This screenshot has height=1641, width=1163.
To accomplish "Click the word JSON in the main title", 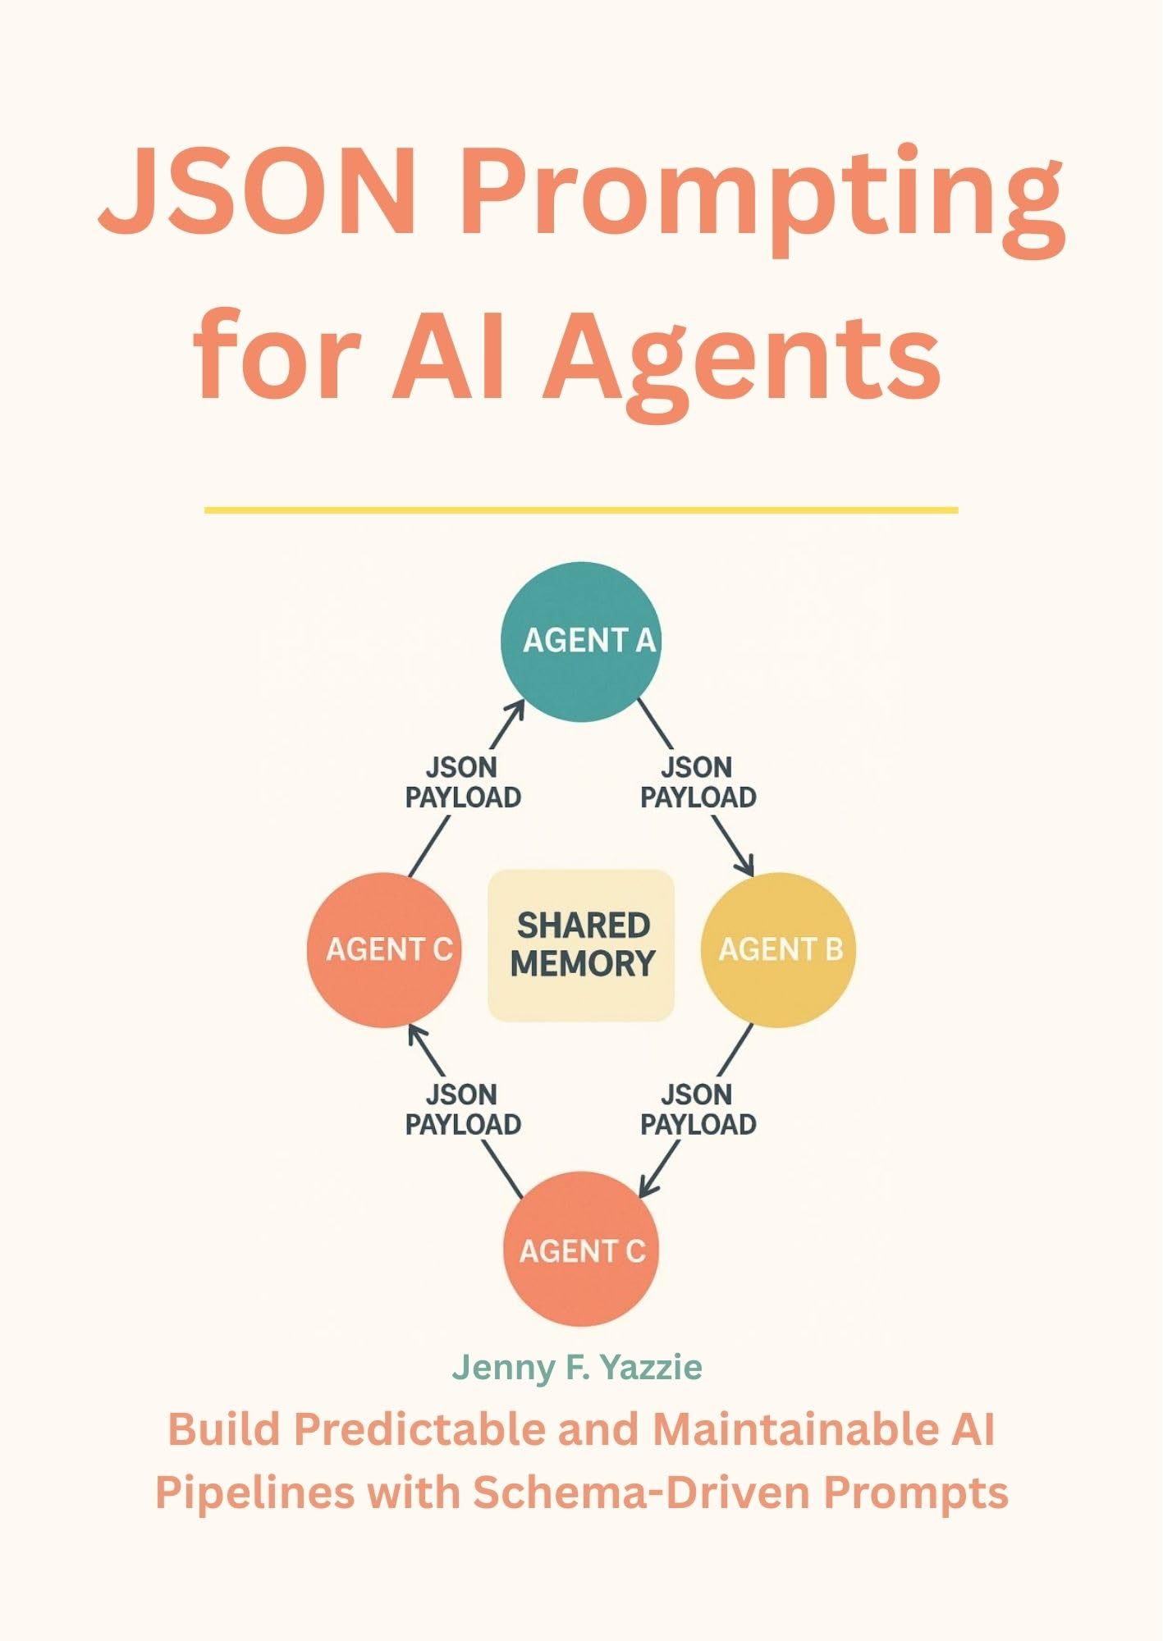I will (x=259, y=193).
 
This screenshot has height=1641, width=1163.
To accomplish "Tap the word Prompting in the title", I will (x=762, y=197).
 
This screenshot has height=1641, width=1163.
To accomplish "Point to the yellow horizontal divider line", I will (x=581, y=510).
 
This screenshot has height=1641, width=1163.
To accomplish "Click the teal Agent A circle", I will (x=580, y=642).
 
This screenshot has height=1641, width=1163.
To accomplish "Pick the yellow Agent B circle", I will (x=778, y=949).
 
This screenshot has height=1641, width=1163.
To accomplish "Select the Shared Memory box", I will (x=581, y=945).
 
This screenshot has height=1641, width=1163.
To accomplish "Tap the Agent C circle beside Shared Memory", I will (x=384, y=949).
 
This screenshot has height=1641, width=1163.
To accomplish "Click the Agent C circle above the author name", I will (x=580, y=1250).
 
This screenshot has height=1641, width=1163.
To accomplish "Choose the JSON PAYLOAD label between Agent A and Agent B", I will (x=698, y=783).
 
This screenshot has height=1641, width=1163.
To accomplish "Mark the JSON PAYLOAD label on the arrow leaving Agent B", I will (x=698, y=1109).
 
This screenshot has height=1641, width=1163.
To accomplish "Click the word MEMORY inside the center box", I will (x=583, y=963).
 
